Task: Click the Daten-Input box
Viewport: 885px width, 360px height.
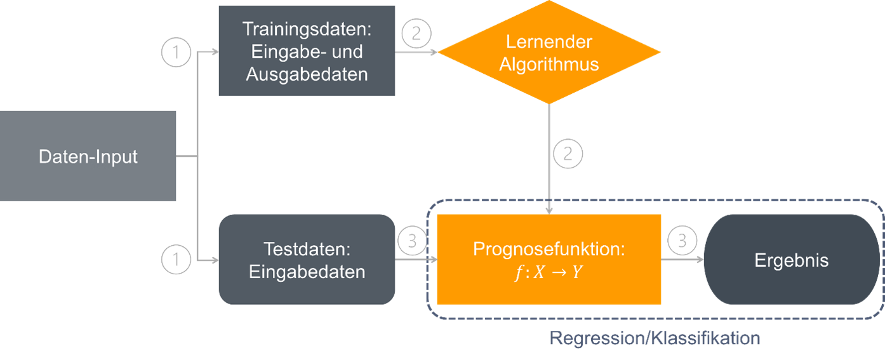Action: pyautogui.click(x=88, y=156)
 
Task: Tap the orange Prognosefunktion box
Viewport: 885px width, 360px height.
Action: pyautogui.click(x=549, y=258)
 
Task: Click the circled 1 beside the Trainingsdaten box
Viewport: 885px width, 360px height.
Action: pyautogui.click(x=176, y=53)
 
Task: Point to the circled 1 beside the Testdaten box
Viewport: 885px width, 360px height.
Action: pyautogui.click(x=176, y=259)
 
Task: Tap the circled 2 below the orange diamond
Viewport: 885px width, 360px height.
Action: pyautogui.click(x=568, y=154)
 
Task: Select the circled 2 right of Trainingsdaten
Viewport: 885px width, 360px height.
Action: pyautogui.click(x=416, y=33)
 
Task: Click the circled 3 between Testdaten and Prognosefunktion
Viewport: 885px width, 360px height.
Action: pyautogui.click(x=412, y=241)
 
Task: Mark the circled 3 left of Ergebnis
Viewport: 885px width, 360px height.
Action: pyautogui.click(x=682, y=241)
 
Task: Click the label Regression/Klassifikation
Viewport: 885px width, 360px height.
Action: pyautogui.click(x=655, y=338)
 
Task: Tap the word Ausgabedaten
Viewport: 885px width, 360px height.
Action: pyautogui.click(x=307, y=74)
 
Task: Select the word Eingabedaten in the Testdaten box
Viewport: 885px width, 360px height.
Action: pyautogui.click(x=307, y=272)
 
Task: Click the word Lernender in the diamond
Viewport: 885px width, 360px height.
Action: pyautogui.click(x=549, y=42)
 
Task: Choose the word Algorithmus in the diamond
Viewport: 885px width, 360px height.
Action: pyautogui.click(x=549, y=64)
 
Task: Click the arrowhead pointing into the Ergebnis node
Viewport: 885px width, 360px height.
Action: pyautogui.click(x=699, y=260)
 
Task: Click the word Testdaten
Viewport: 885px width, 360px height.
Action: pyautogui.click(x=307, y=248)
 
